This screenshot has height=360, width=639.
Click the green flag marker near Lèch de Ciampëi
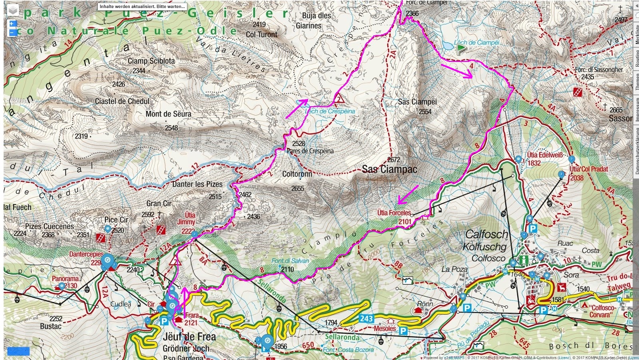click(x=461, y=49)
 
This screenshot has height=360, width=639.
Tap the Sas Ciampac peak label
click(x=389, y=169)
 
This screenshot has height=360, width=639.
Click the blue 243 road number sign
click(x=366, y=318)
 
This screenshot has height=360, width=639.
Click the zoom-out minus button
click(x=12, y=32)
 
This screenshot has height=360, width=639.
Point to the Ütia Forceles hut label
click(x=394, y=213)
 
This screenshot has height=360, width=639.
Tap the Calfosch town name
click(x=487, y=234)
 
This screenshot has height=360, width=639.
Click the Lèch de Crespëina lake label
click(x=330, y=111)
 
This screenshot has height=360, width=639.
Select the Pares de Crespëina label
click(x=310, y=151)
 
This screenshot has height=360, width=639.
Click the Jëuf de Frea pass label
click(x=189, y=337)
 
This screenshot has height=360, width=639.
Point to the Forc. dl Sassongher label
click(x=599, y=70)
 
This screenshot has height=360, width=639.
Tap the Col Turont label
click(x=262, y=35)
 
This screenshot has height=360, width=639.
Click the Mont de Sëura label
click(x=168, y=114)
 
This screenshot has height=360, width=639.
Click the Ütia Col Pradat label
click(x=589, y=169)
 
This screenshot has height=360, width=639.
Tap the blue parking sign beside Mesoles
click(x=403, y=331)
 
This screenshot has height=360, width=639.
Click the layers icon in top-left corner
click(x=13, y=10)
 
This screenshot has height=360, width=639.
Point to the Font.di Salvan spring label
click(x=290, y=261)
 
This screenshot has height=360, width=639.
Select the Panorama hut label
click(x=65, y=278)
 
